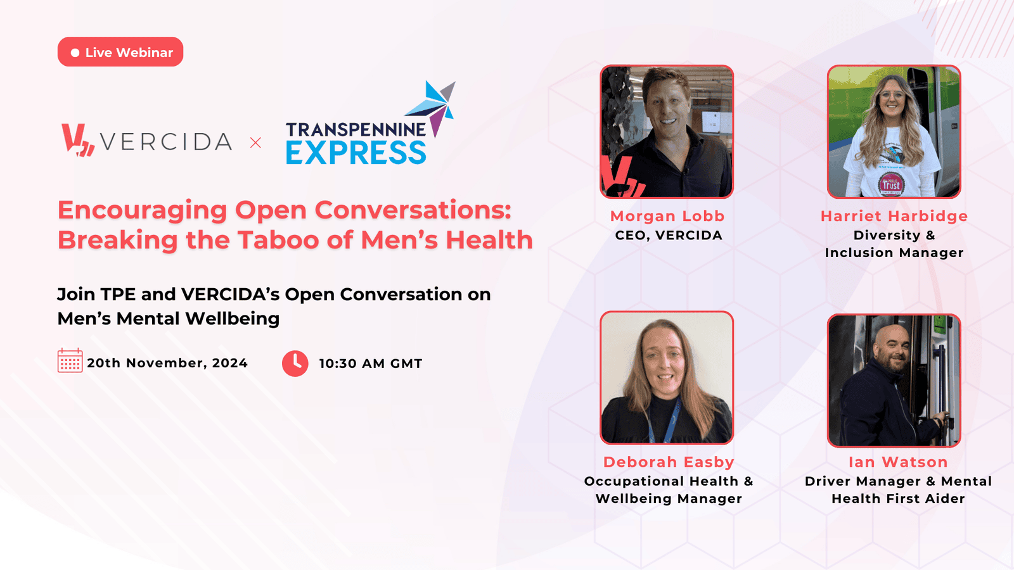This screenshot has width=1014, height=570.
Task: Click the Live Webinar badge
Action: point(120,52)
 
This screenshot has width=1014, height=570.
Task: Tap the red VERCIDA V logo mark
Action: point(78,140)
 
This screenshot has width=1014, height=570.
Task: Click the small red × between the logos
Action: point(256,143)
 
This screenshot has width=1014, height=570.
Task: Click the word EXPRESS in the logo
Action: point(356,153)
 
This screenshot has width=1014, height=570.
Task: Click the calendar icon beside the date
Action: point(70,360)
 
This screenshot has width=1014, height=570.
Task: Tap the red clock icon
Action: point(295,364)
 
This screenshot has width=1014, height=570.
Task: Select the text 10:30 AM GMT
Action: point(371,364)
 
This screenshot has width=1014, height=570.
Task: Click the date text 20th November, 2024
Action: point(167,363)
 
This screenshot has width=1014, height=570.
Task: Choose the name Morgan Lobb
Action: point(667,216)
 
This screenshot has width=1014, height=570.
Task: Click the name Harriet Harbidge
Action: point(894,216)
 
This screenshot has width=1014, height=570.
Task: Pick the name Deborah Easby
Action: point(669,462)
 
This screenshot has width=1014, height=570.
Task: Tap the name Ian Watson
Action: point(898,462)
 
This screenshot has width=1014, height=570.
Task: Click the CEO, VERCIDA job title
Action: point(669,235)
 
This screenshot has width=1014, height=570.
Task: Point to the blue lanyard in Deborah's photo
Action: point(664,421)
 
